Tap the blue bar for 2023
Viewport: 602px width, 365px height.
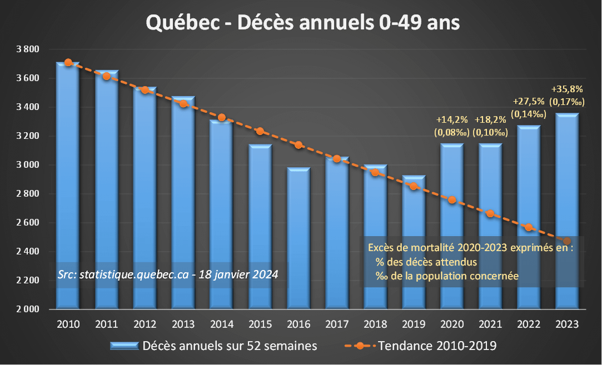[x=567, y=211]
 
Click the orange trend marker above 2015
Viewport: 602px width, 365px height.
[x=260, y=131]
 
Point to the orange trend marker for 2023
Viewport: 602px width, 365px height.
[x=567, y=242]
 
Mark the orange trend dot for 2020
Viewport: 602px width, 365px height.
[x=452, y=200]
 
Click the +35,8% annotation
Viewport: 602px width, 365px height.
[x=566, y=89]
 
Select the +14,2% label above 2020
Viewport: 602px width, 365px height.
[x=451, y=119]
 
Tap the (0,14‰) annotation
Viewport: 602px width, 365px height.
[x=529, y=114]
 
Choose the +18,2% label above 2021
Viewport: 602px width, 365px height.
[x=490, y=119]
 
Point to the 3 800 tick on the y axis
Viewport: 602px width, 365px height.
[x=27, y=49]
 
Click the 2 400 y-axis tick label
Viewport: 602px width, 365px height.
[x=27, y=252]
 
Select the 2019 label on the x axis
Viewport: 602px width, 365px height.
[x=414, y=324]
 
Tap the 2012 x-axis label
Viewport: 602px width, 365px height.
[x=145, y=324]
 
